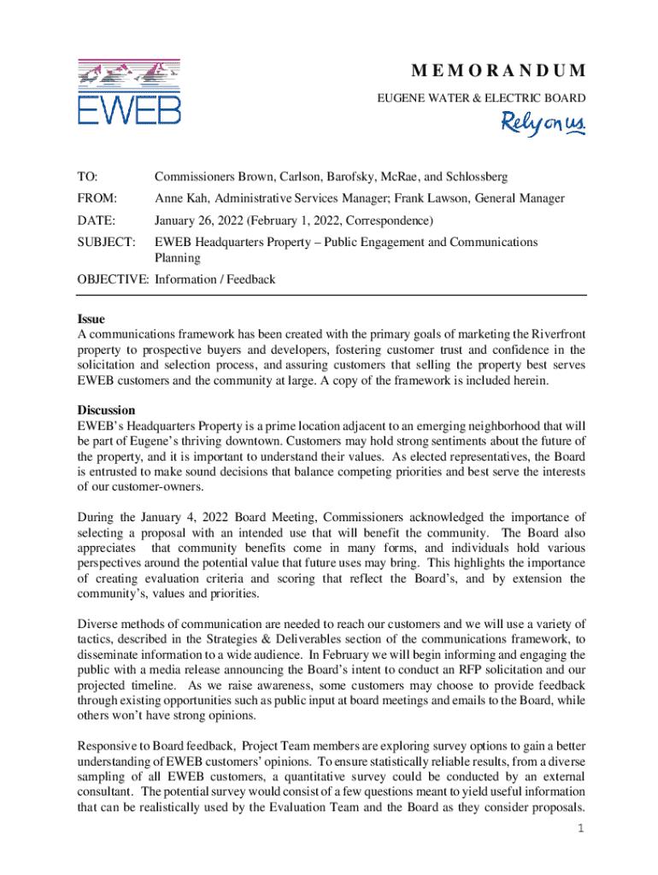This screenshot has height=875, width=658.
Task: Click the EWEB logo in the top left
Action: pos(129,91)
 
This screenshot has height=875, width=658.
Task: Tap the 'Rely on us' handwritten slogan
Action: pos(543,125)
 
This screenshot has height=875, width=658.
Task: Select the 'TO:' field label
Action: pos(87,177)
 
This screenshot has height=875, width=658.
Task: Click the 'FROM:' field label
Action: pos(95,198)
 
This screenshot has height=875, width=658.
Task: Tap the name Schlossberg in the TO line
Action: pos(475,177)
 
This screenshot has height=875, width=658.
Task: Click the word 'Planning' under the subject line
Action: pos(177,257)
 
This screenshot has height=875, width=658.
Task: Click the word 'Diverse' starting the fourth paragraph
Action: pos(98,623)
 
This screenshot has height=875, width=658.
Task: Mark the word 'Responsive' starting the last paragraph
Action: pos(109,744)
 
